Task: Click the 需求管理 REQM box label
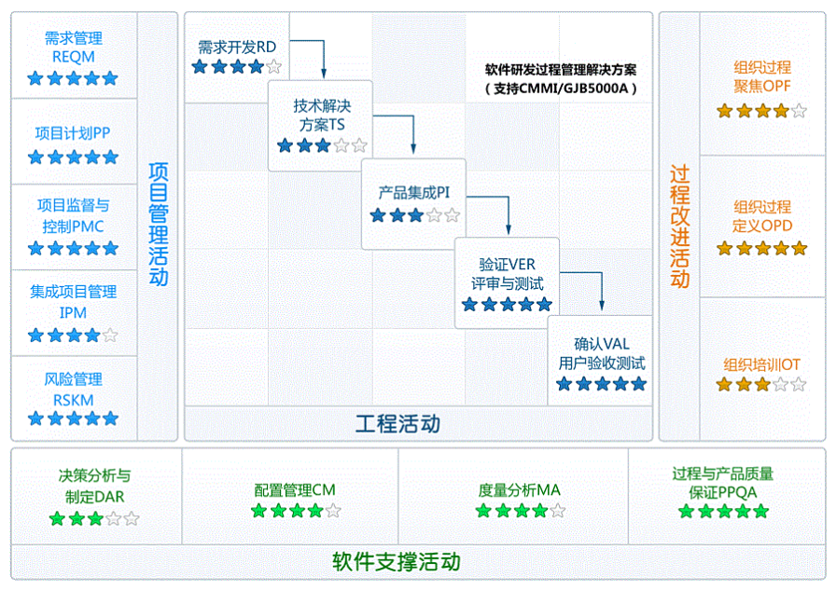click(74, 48)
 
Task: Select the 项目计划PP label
click(74, 133)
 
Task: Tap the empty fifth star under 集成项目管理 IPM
click(110, 335)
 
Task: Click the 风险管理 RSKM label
click(74, 389)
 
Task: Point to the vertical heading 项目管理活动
click(159, 224)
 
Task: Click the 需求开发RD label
click(237, 47)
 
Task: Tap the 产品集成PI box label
click(414, 193)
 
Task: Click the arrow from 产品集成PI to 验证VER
click(509, 214)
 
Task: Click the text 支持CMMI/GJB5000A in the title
click(561, 89)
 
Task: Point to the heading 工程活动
click(397, 425)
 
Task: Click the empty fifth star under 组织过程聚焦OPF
click(799, 111)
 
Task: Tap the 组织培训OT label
click(762, 364)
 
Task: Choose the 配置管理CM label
click(295, 490)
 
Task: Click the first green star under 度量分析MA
click(483, 511)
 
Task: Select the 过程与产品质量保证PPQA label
click(723, 482)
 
